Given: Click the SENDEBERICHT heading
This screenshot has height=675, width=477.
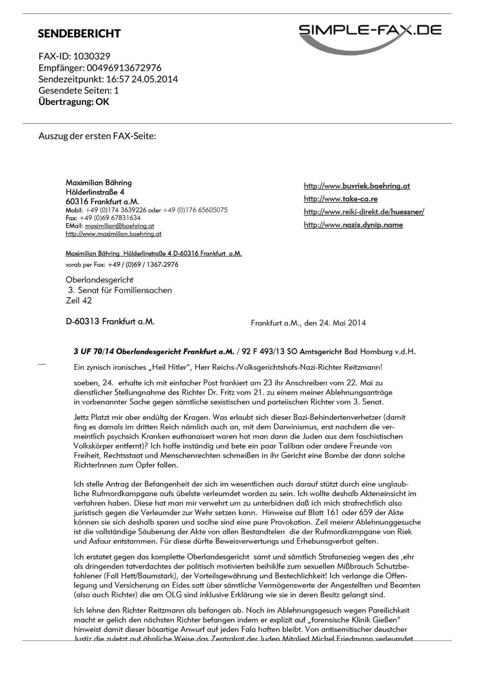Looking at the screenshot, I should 79,34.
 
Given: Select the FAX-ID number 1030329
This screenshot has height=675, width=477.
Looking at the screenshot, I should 92,56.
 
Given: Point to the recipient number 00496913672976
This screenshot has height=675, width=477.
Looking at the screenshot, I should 124,68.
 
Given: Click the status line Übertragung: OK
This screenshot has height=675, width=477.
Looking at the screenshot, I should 74,102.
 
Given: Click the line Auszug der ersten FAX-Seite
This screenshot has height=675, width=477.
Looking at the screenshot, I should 97,136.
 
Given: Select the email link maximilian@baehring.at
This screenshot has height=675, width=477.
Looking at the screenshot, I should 119,226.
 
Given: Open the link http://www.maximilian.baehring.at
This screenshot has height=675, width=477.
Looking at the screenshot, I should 113,234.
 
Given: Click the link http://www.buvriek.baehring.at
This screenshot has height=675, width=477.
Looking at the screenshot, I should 357,186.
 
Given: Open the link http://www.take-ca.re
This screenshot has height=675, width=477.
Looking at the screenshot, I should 341,199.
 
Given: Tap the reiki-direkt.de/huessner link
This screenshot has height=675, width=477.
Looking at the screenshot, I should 364,212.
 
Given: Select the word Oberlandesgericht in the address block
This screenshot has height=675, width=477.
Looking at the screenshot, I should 99,280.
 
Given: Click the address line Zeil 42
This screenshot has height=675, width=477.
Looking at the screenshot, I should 79,301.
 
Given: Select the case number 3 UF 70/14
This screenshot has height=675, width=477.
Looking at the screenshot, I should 94,351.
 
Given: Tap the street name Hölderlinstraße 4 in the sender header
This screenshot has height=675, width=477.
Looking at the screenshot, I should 95,192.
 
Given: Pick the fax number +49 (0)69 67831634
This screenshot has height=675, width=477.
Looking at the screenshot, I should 110,218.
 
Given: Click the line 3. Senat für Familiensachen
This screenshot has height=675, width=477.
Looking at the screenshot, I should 120,290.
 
